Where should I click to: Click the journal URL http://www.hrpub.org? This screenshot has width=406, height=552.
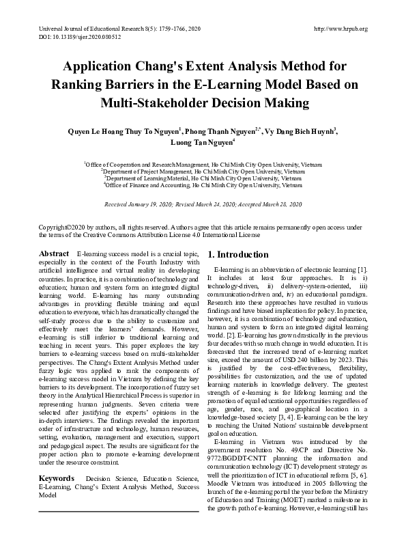[x=340, y=29]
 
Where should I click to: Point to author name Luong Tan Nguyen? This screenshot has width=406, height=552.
[x=199, y=143]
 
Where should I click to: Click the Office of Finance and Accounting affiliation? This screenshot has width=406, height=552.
[x=203, y=184]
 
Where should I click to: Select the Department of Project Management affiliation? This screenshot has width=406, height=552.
[x=203, y=171]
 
